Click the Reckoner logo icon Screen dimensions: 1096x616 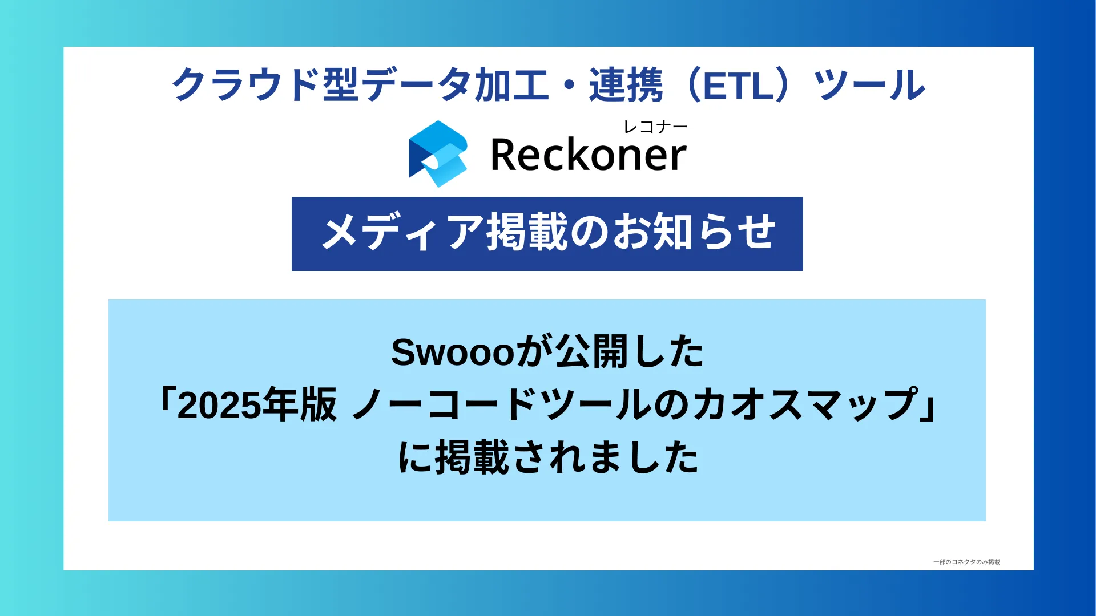[438, 153]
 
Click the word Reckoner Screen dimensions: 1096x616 [588, 155]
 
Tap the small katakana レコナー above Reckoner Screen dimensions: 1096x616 [655, 127]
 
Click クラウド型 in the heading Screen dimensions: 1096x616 [265, 84]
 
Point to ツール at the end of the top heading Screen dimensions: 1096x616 [869, 84]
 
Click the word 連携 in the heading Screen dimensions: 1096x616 [626, 84]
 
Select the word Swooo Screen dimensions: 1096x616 [453, 352]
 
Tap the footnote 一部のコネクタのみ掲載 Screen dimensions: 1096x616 [966, 562]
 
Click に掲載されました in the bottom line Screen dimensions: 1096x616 [548, 457]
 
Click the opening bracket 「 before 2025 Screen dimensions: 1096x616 [166, 399]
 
